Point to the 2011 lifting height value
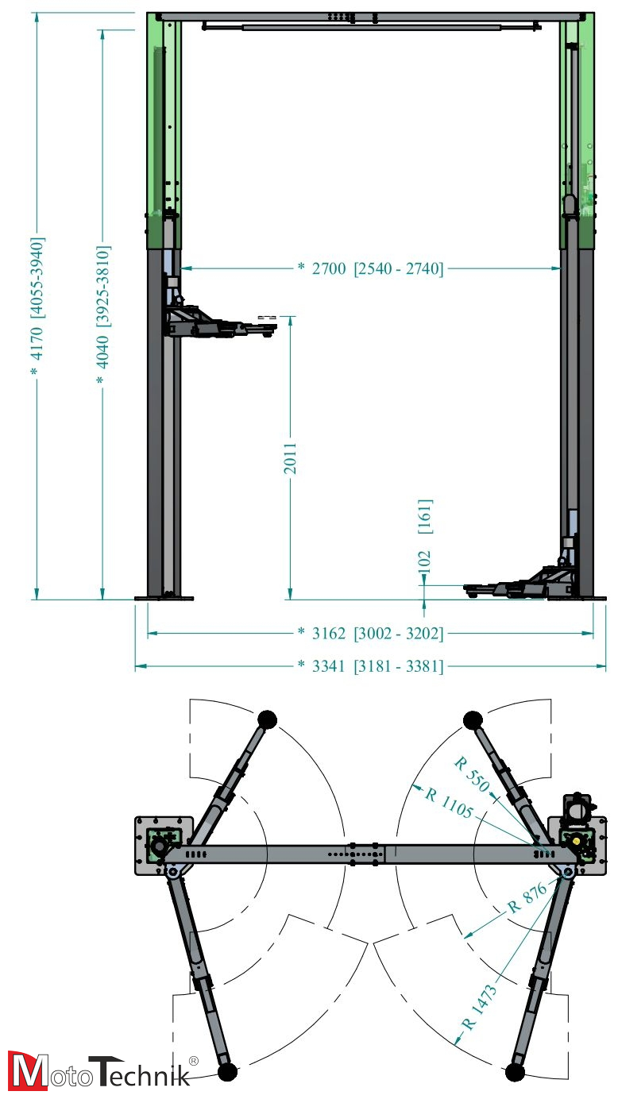click(291, 458)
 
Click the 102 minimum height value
click(424, 561)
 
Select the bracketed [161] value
click(424, 515)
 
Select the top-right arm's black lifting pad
click(473, 721)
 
